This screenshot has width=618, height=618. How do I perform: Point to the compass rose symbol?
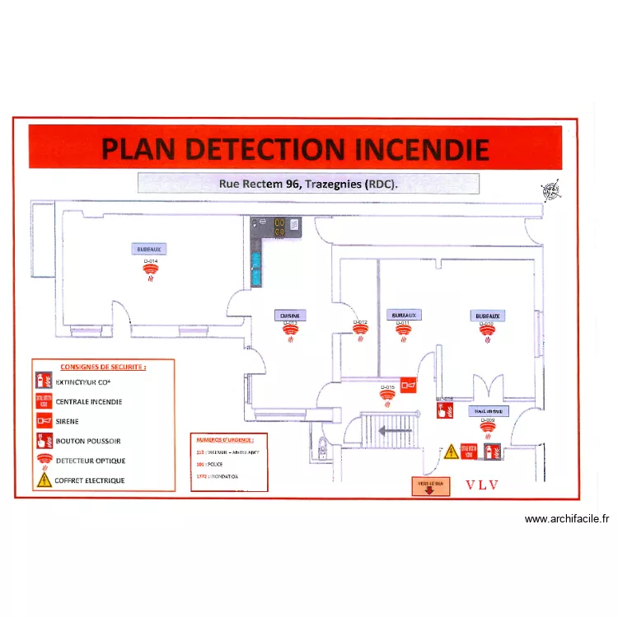tap(550, 191)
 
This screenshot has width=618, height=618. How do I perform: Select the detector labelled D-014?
tap(151, 270)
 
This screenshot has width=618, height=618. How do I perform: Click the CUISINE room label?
tap(290, 315)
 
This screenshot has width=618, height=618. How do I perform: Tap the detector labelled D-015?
tap(387, 394)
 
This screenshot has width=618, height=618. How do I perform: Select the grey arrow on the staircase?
tap(394, 429)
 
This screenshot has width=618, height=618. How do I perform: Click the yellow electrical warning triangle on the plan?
tap(451, 452)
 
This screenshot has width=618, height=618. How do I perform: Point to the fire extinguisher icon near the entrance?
tap(493, 452)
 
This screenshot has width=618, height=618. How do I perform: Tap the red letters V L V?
tap(482, 485)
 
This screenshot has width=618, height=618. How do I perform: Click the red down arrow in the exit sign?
tap(429, 490)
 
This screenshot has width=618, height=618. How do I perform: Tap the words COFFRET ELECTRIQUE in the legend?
tap(90, 480)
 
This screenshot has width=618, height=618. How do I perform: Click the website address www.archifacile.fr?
tap(567, 519)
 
